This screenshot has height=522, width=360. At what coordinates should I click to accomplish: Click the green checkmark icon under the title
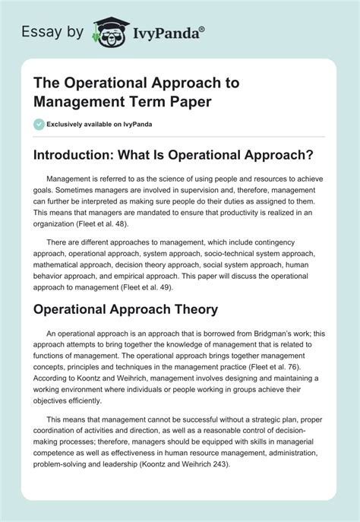click(x=38, y=124)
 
